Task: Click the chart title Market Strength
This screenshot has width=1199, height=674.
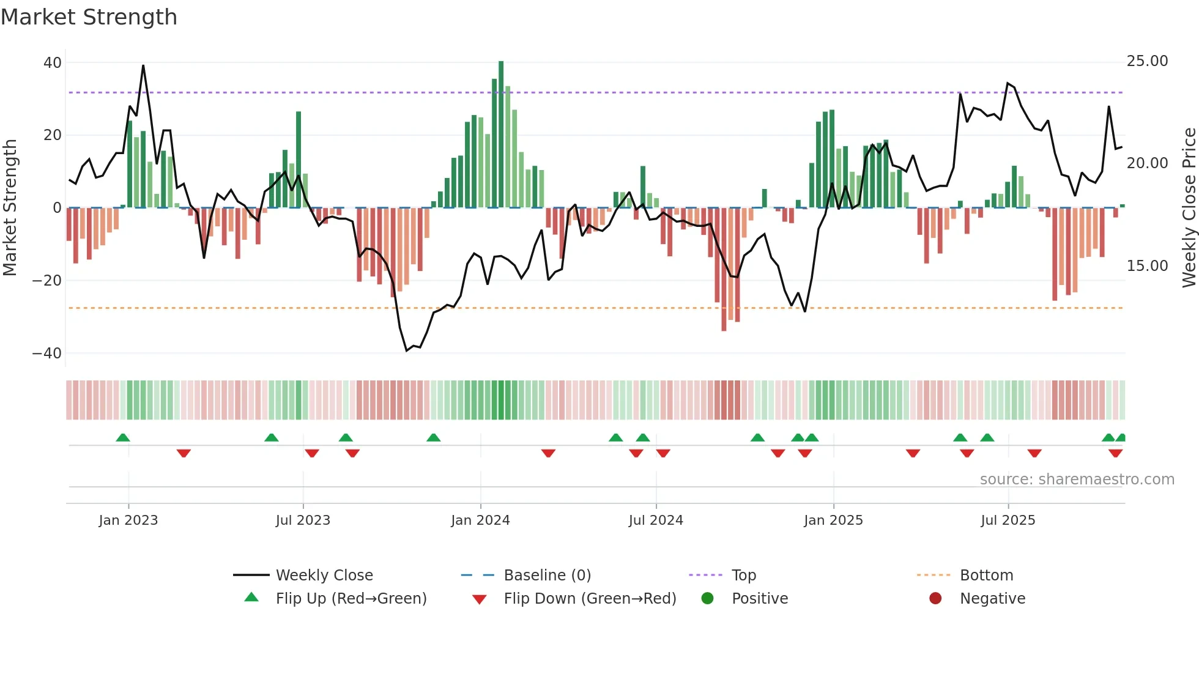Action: click(x=89, y=17)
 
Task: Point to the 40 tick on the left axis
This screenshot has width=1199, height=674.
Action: click(x=53, y=62)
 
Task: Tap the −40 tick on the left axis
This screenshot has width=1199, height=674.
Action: click(x=47, y=354)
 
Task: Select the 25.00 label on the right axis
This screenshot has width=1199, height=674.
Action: click(x=1147, y=61)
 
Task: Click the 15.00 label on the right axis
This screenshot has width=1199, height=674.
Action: click(x=1147, y=266)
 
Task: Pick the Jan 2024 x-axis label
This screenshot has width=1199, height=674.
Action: click(x=480, y=520)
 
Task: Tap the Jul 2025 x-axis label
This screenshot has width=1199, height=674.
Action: click(x=1008, y=520)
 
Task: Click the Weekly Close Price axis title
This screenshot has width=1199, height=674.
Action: click(x=1189, y=208)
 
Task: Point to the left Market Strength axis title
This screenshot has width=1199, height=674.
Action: click(x=10, y=208)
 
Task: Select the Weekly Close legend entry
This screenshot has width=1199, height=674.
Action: click(x=324, y=576)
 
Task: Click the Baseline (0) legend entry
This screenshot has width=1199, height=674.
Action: click(x=547, y=576)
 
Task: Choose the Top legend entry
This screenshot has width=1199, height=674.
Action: click(x=744, y=576)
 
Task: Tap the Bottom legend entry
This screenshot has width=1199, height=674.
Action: click(x=986, y=576)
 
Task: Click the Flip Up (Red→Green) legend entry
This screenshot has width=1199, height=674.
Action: click(x=351, y=599)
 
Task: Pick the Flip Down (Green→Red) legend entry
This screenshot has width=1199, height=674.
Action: click(x=590, y=599)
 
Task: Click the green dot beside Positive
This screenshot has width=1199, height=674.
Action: click(x=707, y=599)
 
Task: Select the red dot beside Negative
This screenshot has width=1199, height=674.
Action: click(x=935, y=599)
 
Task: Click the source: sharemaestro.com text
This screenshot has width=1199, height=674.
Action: click(x=1077, y=480)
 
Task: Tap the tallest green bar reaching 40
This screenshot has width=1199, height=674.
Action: click(x=501, y=135)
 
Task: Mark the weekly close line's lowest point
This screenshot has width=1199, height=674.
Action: click(x=407, y=350)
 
